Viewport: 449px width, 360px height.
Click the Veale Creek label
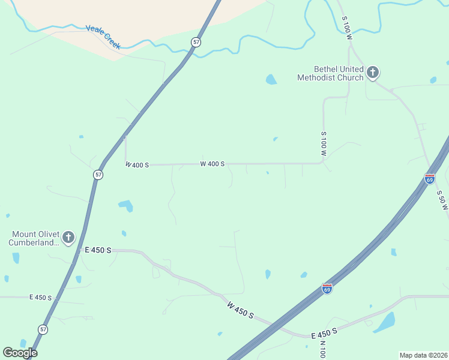[103, 37]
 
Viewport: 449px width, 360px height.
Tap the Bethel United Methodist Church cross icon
[372, 73]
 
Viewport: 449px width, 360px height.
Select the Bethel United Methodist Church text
[331, 73]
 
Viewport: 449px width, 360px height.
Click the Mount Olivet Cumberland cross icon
[68, 238]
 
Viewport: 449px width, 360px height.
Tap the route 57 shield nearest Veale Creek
[196, 41]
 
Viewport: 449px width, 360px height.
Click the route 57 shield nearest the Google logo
[43, 329]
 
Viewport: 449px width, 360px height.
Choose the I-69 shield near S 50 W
[429, 178]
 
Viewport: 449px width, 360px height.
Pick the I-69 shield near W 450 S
[327, 289]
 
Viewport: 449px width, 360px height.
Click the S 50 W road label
[443, 200]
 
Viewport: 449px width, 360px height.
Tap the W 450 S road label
[241, 310]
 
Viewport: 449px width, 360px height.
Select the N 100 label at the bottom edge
[322, 349]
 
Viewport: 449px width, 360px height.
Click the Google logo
[20, 352]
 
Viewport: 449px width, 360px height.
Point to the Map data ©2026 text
[423, 355]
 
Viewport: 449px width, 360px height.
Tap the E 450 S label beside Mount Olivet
[98, 250]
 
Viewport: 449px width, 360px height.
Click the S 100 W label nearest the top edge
[346, 28]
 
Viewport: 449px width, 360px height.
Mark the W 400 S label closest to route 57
[137, 164]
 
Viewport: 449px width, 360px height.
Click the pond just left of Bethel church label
[271, 79]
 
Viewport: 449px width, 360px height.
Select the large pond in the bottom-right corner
[385, 322]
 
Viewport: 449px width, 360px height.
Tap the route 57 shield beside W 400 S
[98, 175]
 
